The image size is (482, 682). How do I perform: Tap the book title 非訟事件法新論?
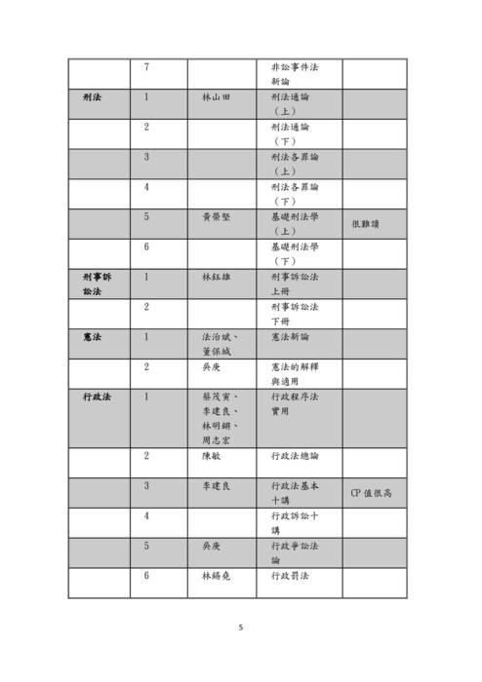coord(294,74)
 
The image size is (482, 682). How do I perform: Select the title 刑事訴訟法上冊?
coord(294,284)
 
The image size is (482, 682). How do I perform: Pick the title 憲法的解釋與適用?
coord(294,374)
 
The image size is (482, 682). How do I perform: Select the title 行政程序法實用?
coord(294,404)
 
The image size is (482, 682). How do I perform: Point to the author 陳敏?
coord(212,455)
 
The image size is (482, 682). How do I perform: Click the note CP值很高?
coord(371,493)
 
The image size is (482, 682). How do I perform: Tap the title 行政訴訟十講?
coord(294,523)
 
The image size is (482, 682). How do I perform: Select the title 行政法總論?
coord(294,455)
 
